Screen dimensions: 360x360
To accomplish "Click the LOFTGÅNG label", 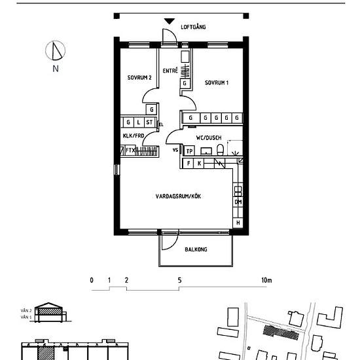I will pyautogui.click(x=193, y=27).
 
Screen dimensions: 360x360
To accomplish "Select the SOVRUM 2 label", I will pyautogui.click(x=139, y=77).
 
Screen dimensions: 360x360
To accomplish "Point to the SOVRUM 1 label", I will pyautogui.click(x=217, y=82).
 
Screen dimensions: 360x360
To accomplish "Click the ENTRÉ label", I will pyautogui.click(x=171, y=69).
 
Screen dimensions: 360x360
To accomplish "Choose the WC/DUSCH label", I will pyautogui.click(x=209, y=137).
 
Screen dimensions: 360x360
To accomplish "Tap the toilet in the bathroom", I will pyautogui.click(x=221, y=151).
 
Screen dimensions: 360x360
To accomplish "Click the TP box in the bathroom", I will pyautogui.click(x=189, y=151).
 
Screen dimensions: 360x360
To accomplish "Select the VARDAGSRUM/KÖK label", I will pyautogui.click(x=179, y=196).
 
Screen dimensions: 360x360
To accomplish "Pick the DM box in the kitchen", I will pyautogui.click(x=238, y=202).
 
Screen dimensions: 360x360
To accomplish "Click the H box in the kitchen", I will pyautogui.click(x=238, y=223).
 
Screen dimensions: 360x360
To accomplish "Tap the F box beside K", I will pyautogui.click(x=189, y=162).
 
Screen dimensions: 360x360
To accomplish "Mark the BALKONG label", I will pyautogui.click(x=196, y=249).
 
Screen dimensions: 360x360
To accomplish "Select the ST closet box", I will pyautogui.click(x=149, y=122).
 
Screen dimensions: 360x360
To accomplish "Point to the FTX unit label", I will pyautogui.click(x=130, y=150).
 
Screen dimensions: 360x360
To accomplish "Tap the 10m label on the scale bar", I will pyautogui.click(x=266, y=280).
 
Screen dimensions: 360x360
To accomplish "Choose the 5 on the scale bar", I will pyautogui.click(x=179, y=280).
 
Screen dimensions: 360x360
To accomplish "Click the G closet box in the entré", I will pyautogui.click(x=185, y=84).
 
